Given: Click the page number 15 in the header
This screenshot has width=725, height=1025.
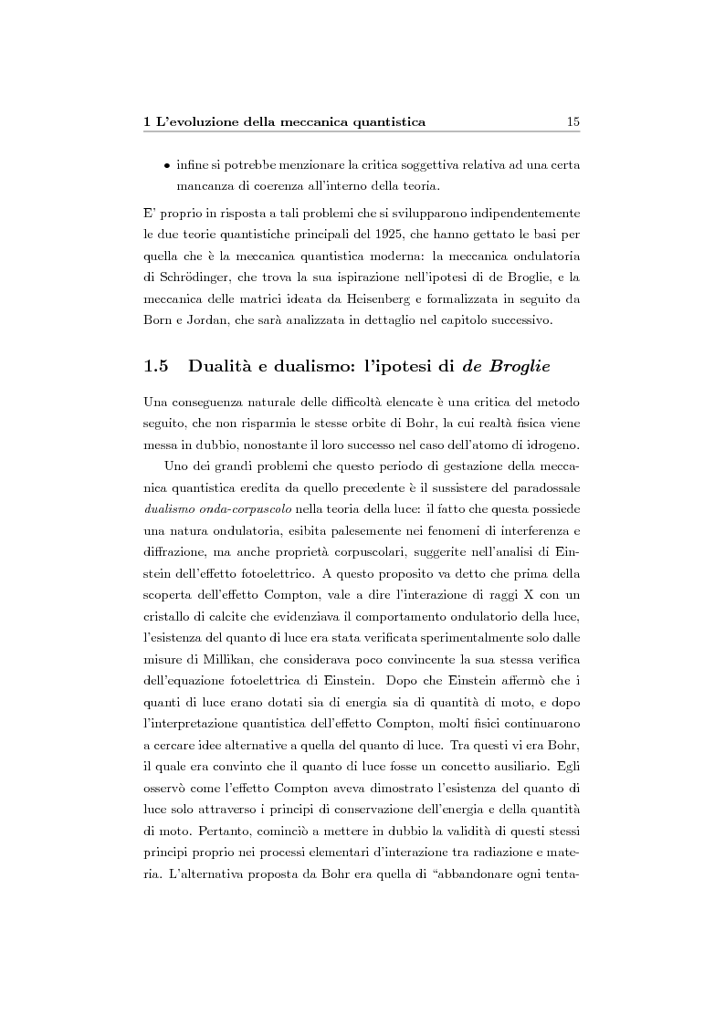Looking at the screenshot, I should [x=573, y=120].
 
